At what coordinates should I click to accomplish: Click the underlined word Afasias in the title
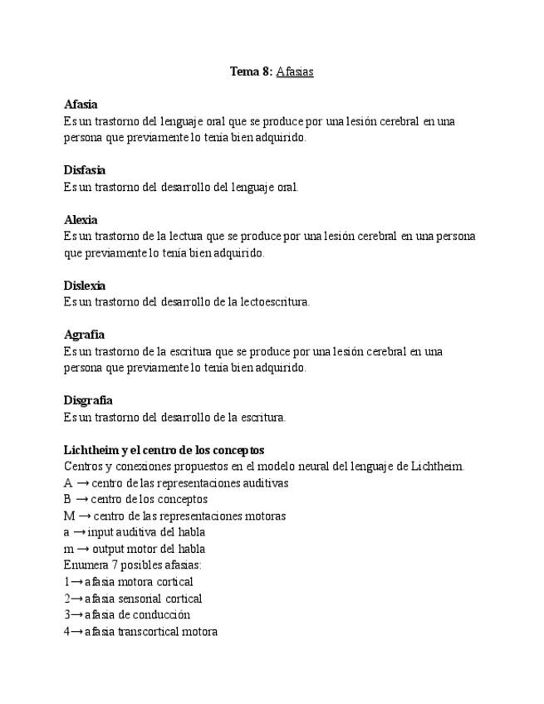click(x=295, y=71)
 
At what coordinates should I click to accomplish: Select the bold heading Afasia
click(x=81, y=105)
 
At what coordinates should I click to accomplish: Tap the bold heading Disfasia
click(x=85, y=170)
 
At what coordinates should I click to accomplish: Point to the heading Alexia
click(x=81, y=220)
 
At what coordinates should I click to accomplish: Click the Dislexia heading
click(x=85, y=286)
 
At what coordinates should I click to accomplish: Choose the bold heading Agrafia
click(x=84, y=335)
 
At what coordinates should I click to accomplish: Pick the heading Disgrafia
click(x=88, y=400)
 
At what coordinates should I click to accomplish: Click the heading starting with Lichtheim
click(x=164, y=450)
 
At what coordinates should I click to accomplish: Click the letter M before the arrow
click(x=69, y=516)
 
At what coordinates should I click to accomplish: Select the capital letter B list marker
click(x=67, y=499)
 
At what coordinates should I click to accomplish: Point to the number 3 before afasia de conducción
click(x=66, y=614)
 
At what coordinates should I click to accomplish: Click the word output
click(x=110, y=549)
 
